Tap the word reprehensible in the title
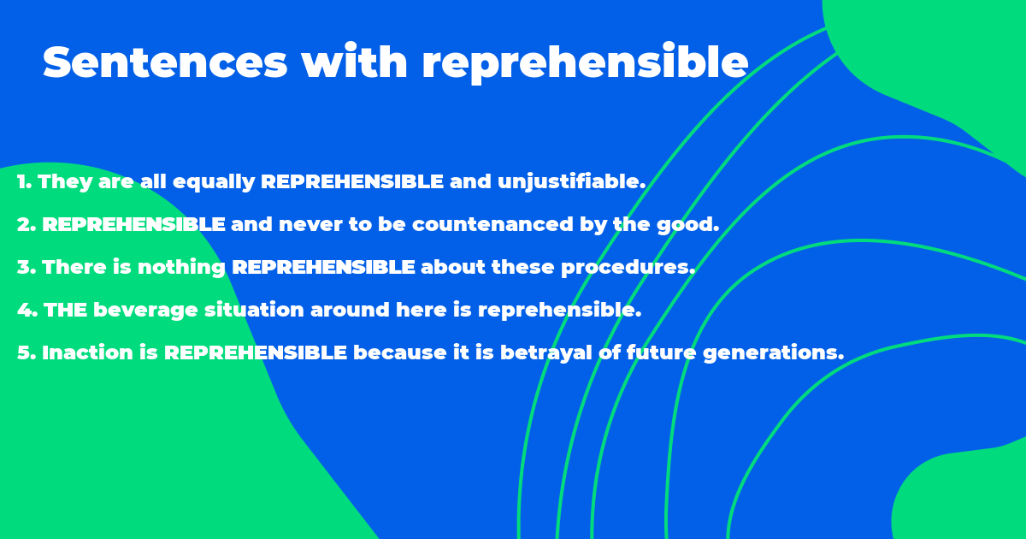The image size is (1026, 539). [x=585, y=62]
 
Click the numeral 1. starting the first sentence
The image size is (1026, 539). [x=24, y=181]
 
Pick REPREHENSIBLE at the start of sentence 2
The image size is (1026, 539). [x=133, y=224]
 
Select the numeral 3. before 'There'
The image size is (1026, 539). [x=26, y=267]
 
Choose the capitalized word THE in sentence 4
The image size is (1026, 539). [x=65, y=310]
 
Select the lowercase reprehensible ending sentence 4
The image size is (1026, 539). [x=559, y=310]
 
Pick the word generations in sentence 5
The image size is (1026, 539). [x=773, y=352]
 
